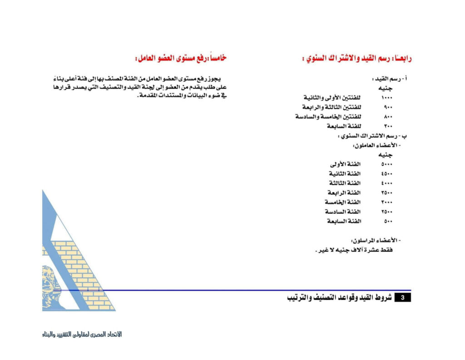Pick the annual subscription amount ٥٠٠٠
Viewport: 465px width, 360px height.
[386, 165]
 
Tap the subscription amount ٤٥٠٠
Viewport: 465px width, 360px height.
[386, 174]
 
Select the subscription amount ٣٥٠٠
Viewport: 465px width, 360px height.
[386, 193]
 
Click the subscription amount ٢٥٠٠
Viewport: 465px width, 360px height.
[386, 212]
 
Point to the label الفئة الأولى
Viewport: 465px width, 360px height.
[345, 165]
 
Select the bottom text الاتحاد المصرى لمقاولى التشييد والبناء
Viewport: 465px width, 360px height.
[80, 334]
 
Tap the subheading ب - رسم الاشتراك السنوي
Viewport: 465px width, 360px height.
[372, 135]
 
